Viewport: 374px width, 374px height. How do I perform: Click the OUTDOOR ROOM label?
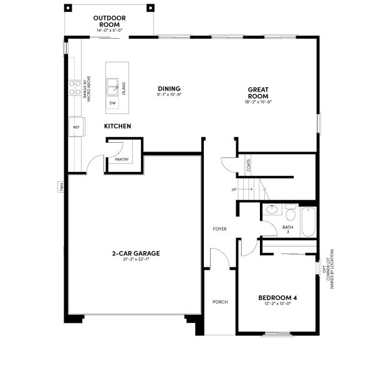pos(110,21)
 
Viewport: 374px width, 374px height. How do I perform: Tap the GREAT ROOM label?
pos(257,92)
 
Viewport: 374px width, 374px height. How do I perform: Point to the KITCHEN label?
pos(117,127)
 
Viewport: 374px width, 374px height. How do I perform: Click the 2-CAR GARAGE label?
pos(136,253)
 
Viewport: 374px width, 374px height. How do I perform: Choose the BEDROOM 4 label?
pos(277,298)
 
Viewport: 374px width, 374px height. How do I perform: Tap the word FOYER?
pos(219,229)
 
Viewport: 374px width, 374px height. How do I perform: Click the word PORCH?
pos(219,302)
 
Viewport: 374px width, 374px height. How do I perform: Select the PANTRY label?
pos(122,160)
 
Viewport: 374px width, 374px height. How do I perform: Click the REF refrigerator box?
pos(76,127)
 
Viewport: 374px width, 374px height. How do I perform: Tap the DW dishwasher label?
pos(112,103)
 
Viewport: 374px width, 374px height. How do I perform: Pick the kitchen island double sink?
pos(113,86)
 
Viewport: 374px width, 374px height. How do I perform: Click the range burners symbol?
pos(75,87)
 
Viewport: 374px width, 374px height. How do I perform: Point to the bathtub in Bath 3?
pos(309,222)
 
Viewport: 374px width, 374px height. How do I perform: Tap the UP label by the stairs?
pos(234,189)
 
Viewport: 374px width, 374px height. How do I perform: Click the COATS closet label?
pos(249,166)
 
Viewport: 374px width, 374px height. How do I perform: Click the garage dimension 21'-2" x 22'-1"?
pos(136,259)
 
